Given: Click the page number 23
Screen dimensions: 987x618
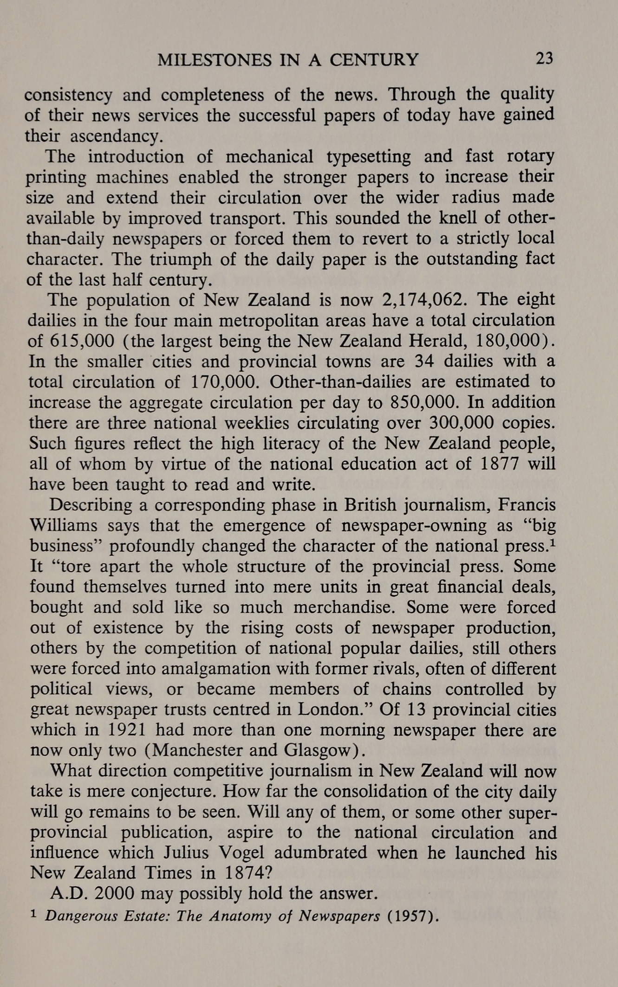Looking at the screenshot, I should click(544, 59).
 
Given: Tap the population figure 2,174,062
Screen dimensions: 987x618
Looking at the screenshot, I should click(423, 300).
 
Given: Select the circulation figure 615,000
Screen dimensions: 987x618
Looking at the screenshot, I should click(82, 341).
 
